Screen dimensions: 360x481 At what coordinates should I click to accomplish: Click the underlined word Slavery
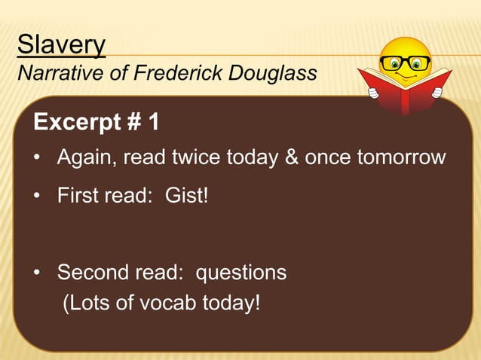click(61, 45)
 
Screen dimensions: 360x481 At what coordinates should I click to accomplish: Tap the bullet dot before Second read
click(36, 273)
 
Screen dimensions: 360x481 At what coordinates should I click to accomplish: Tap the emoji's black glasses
click(405, 63)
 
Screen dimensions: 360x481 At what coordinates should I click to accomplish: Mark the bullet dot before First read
click(36, 197)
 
